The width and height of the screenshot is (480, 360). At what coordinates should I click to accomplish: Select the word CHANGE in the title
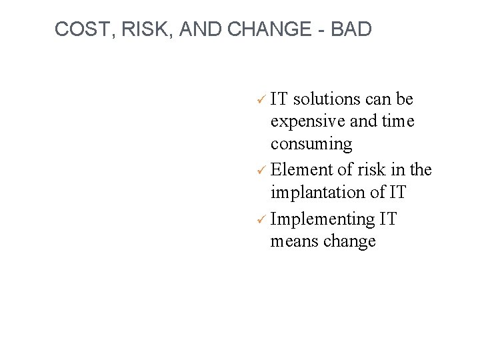tap(273, 29)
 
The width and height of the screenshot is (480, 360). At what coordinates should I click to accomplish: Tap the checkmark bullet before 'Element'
tap(262, 171)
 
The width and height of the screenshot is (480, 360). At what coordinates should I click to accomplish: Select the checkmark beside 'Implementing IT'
tap(262, 219)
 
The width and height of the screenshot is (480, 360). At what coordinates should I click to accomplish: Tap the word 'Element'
tap(303, 170)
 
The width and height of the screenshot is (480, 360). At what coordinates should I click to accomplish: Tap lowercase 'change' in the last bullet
tap(349, 241)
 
